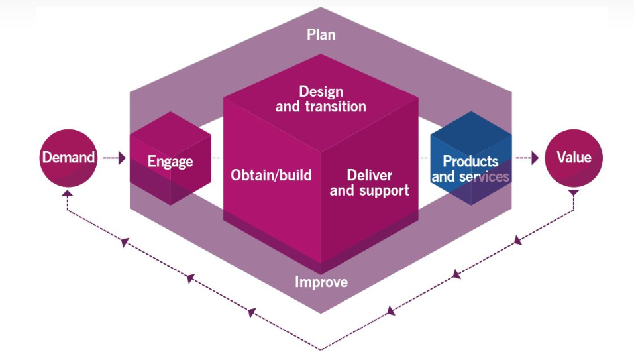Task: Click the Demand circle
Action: click(x=69, y=158)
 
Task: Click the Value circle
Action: click(x=573, y=158)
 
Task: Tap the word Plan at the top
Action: click(x=321, y=34)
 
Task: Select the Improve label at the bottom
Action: click(x=321, y=282)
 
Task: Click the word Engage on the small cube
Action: click(x=170, y=162)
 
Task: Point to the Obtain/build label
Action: click(x=271, y=176)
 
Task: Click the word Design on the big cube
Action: click(x=322, y=91)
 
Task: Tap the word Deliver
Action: click(x=370, y=176)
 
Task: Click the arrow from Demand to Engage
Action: click(x=115, y=158)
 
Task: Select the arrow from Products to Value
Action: click(x=527, y=158)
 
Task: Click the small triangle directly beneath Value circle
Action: click(x=574, y=193)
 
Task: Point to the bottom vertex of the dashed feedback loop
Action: click(x=321, y=349)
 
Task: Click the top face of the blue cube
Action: click(x=471, y=129)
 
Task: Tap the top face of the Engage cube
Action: click(x=170, y=129)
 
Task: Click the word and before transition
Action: click(x=286, y=106)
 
